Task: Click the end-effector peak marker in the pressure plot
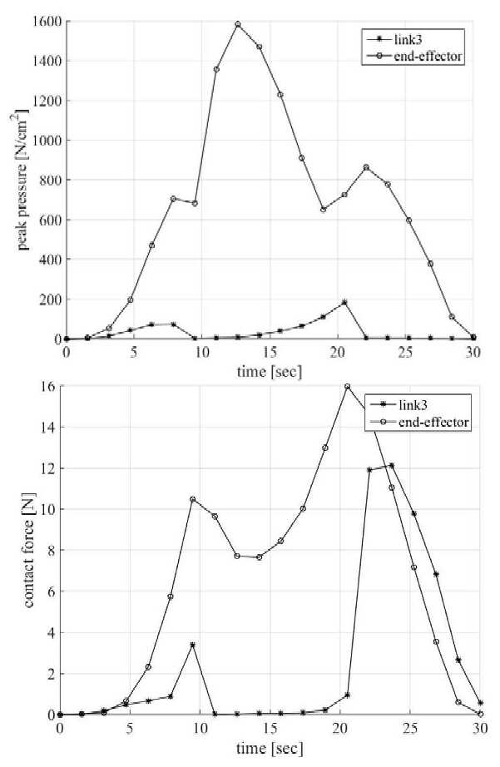(238, 24)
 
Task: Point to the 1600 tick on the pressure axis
(47, 21)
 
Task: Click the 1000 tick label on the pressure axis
(47, 141)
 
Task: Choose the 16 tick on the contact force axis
(48, 386)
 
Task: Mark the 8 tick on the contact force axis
(51, 551)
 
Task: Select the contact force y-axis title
(28, 550)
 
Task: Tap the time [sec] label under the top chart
(270, 371)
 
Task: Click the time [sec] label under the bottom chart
(270, 748)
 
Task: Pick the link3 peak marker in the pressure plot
(344, 302)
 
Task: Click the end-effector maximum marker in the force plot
(348, 387)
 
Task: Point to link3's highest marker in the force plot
(391, 465)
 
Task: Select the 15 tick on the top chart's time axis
(270, 352)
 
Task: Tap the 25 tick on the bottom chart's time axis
(410, 729)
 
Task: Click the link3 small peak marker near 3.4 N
(193, 645)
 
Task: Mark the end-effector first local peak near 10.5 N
(193, 499)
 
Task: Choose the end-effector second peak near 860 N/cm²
(366, 167)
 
